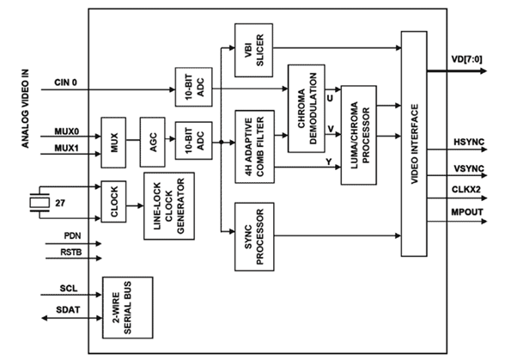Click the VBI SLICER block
[254, 50]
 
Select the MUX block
[113, 143]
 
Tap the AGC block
[153, 142]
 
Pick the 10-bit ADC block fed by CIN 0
[193, 87]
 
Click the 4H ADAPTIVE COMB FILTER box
[255, 147]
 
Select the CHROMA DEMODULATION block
[307, 108]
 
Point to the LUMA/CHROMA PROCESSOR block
[359, 135]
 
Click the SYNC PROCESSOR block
[254, 236]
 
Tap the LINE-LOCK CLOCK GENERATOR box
[169, 206]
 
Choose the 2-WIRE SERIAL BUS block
[127, 308]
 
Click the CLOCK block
[113, 201]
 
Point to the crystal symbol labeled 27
[40, 203]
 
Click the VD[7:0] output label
[466, 59]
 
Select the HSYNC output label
[469, 142]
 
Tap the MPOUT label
[467, 212]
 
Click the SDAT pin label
[68, 309]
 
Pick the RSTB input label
[71, 252]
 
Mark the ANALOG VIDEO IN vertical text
[25, 108]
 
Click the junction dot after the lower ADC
[222, 142]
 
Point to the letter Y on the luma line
[328, 162]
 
